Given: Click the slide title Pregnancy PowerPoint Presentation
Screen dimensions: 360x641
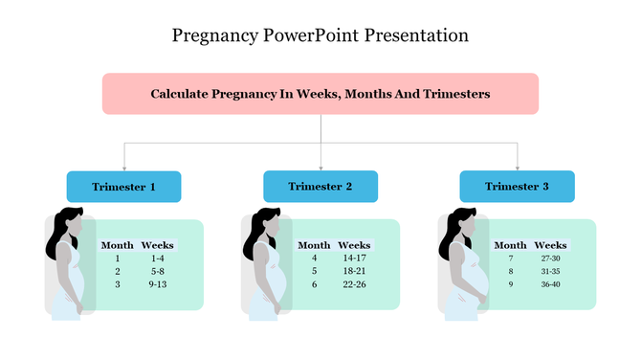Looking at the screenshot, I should pyautogui.click(x=320, y=36).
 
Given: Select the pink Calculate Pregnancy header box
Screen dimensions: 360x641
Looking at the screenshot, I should pyautogui.click(x=320, y=94).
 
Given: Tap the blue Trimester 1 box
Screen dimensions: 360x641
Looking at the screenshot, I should pyautogui.click(x=123, y=186).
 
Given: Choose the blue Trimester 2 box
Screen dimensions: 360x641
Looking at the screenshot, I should pyautogui.click(x=320, y=186).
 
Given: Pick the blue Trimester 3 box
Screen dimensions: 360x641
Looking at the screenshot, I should pyautogui.click(x=517, y=186).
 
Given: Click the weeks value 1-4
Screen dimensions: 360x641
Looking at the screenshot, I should pyautogui.click(x=158, y=259).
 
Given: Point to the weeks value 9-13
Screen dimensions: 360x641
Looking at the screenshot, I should pyautogui.click(x=158, y=284).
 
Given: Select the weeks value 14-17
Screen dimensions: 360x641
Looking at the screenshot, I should pyautogui.click(x=354, y=259).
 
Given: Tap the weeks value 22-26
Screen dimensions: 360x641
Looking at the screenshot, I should pyautogui.click(x=354, y=284).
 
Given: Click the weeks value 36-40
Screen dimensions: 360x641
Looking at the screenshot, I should pyautogui.click(x=550, y=284).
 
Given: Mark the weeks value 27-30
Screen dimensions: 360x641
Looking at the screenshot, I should pyautogui.click(x=550, y=259).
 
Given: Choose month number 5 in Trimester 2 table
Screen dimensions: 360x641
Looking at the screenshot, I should pyautogui.click(x=314, y=271).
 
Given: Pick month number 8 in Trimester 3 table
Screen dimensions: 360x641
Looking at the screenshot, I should pyautogui.click(x=511, y=271).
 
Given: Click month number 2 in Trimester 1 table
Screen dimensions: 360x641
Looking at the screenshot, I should pyautogui.click(x=118, y=271).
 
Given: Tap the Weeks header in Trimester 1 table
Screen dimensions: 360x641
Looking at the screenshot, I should pyautogui.click(x=158, y=245).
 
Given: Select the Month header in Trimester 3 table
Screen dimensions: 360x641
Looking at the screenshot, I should pyautogui.click(x=511, y=245).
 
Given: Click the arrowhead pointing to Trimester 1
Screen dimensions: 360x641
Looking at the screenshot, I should pyautogui.click(x=123, y=167).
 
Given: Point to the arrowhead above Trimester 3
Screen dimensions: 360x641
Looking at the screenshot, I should pyautogui.click(x=517, y=167).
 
